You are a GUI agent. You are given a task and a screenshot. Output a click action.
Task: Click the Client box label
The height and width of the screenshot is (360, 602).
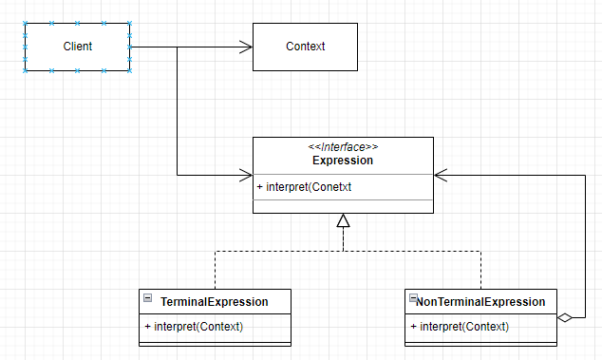[77, 47]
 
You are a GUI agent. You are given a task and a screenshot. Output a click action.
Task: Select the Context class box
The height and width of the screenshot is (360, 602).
[305, 47]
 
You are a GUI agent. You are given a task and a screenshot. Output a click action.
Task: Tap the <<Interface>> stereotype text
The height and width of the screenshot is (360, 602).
[343, 147]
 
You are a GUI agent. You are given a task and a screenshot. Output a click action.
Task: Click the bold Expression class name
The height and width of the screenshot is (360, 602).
[343, 161]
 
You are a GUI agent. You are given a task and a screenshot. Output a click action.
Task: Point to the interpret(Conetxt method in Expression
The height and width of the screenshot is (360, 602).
[304, 187]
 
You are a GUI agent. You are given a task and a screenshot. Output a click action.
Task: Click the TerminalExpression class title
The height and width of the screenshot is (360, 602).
[214, 302]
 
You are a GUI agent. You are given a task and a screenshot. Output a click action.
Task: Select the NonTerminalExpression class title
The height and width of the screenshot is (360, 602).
[480, 302]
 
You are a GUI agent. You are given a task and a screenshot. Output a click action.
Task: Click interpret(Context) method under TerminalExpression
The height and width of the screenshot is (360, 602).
[194, 327]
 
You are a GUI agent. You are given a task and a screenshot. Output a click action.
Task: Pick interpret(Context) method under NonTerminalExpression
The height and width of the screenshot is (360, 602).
[460, 327]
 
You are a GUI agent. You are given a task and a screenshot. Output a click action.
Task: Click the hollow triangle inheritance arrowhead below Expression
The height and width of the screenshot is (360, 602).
[344, 221]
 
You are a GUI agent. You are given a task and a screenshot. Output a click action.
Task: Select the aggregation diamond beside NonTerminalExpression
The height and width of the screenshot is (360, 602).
[566, 317]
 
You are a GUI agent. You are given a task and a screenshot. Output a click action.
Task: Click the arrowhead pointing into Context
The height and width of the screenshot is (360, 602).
[246, 47]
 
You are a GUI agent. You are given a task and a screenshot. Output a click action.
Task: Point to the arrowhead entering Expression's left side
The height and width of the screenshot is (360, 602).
[246, 176]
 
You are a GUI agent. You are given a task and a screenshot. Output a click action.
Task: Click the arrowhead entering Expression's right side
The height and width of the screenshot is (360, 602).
[441, 176]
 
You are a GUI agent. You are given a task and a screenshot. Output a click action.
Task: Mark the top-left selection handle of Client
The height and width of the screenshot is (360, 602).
[25, 24]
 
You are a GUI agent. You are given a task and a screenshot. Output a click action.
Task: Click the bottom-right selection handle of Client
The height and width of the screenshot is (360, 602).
[129, 69]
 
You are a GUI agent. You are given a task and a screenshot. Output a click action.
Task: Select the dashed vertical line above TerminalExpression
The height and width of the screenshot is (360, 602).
[215, 270]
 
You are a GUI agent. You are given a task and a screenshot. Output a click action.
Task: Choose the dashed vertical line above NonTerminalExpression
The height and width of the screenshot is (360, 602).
[480, 270]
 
